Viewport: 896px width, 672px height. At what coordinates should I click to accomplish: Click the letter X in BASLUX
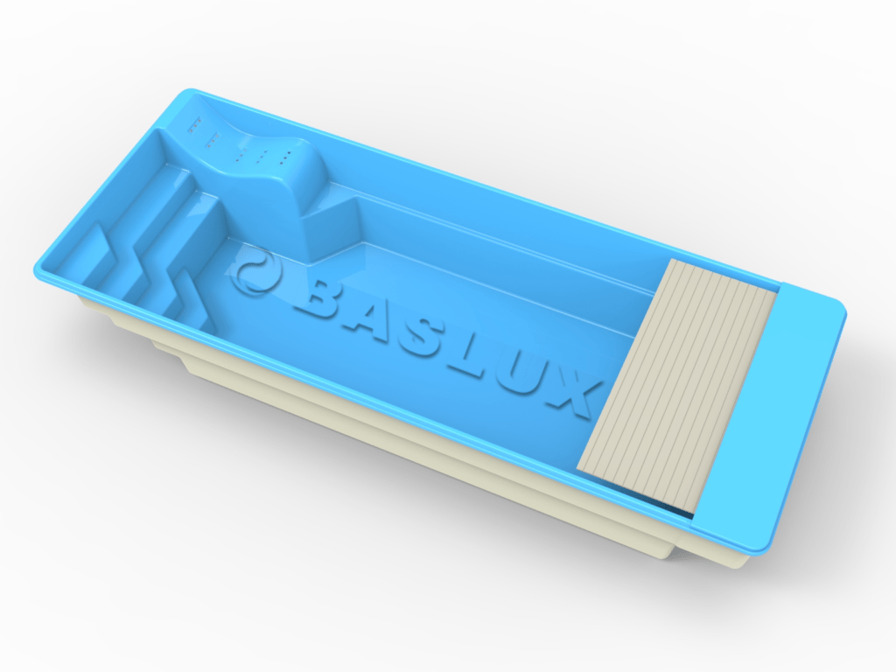[575, 395]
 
